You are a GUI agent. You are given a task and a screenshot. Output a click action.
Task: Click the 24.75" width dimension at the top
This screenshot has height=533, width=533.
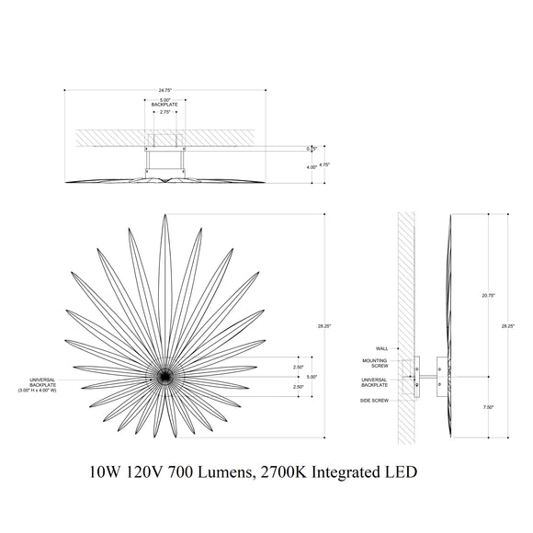click(x=164, y=90)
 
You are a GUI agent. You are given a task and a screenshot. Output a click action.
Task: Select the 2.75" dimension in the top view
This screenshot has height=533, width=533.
click(x=164, y=112)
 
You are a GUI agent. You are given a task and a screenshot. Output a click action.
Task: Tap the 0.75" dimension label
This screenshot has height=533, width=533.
click(x=312, y=148)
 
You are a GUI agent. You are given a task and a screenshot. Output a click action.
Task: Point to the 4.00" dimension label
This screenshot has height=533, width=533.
click(x=312, y=167)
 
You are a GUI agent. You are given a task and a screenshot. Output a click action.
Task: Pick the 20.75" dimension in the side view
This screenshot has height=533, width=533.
click(x=488, y=295)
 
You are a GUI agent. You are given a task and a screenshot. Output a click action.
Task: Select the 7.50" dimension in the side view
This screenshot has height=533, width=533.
click(x=488, y=408)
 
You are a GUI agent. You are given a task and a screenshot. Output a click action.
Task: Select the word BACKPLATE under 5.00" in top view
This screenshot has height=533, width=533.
click(x=164, y=106)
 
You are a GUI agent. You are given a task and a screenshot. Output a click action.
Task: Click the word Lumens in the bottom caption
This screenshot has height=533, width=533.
click(x=216, y=473)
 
